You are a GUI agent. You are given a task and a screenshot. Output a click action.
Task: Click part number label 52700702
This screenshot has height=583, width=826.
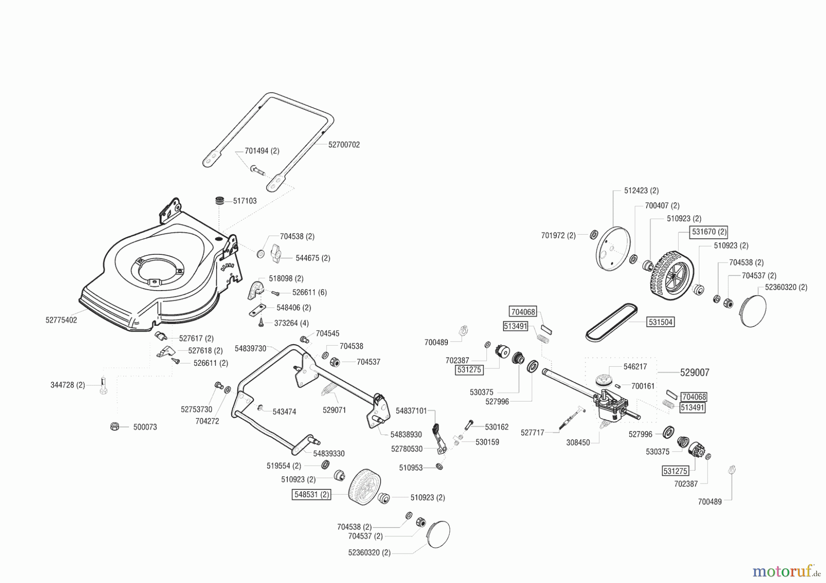pos(344,144)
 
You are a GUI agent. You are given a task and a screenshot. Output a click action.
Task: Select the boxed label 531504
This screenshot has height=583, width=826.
pos(660,322)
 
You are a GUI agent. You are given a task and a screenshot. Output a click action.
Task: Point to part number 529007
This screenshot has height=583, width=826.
pos(695,373)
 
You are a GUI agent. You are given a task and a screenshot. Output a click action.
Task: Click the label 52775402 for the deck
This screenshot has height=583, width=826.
pos(61,320)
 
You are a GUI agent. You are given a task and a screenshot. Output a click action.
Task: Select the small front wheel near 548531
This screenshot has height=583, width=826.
pos(365,487)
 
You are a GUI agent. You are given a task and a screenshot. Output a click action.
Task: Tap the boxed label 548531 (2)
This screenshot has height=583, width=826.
pos(312,495)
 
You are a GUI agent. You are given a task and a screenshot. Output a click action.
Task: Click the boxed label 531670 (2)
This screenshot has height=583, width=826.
pos(709,232)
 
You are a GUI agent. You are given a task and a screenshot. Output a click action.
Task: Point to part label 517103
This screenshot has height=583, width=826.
pos(245,201)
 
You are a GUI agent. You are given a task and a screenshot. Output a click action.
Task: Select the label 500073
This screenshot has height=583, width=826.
pos(145,427)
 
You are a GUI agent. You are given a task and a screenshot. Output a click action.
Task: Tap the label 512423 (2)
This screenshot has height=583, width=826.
pos(642,190)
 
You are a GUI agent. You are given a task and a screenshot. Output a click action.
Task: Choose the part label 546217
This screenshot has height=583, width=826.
pos(636,367)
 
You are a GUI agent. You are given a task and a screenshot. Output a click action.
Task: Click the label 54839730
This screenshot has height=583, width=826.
pos(251,348)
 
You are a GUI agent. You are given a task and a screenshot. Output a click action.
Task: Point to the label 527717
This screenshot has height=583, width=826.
pos(532,432)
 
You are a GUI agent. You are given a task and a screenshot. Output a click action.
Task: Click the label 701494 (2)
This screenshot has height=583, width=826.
pos(262,151)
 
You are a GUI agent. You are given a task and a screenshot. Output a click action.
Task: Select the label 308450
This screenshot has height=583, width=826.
pos(578,443)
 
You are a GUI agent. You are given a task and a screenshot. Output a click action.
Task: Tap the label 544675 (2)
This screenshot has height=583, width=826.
pos(313,258)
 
